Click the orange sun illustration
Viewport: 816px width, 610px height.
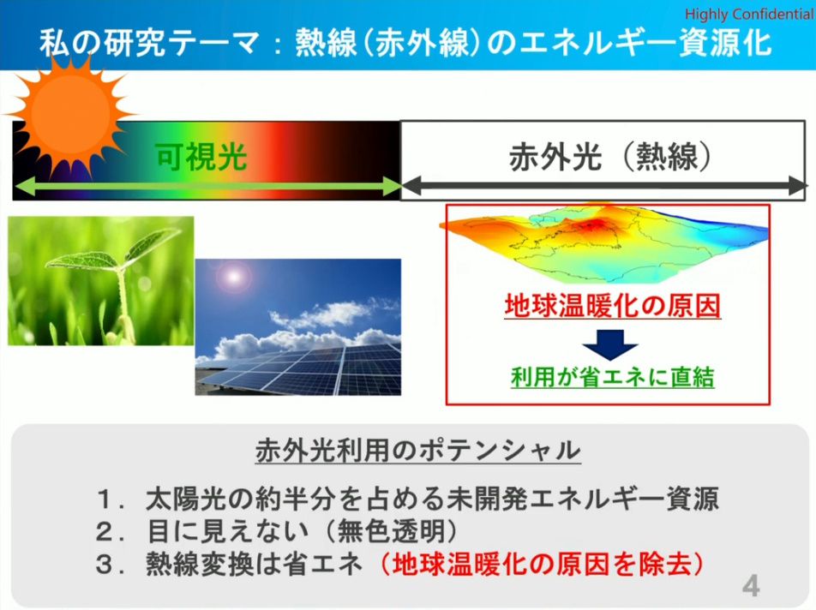71,113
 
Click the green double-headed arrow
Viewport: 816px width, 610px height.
207,186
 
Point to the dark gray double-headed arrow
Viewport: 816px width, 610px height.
603,186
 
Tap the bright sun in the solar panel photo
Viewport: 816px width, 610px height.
233,277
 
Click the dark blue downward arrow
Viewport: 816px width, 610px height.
610,344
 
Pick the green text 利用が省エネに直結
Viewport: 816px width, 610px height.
613,376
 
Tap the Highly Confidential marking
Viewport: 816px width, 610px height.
749,14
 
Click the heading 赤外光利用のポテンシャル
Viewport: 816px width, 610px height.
418,450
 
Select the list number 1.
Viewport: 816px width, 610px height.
105,499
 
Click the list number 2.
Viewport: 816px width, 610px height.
105,531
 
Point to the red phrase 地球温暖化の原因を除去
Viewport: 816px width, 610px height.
542,564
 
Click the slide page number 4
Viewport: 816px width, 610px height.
751,586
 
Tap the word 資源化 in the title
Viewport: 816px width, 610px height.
725,42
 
